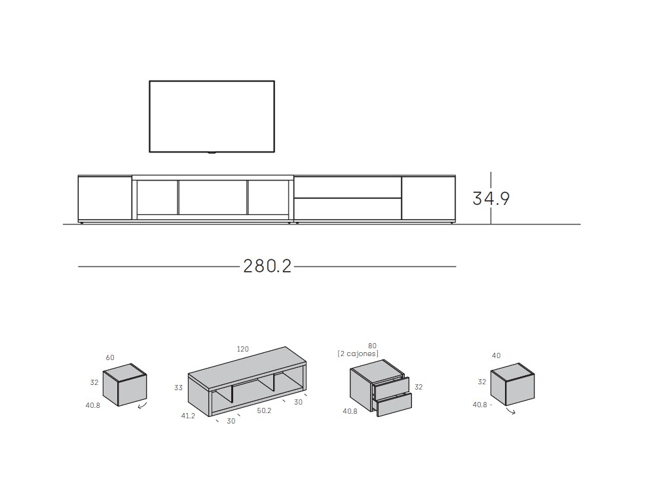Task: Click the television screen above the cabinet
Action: coord(212,117)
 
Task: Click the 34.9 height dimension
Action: coord(491,198)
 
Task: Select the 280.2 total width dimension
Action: coord(267,266)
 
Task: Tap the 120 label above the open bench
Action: coord(242,349)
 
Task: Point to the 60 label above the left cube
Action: coord(110,357)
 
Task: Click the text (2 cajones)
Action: coord(358,354)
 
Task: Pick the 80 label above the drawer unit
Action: coord(372,345)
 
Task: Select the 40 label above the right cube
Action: coord(496,355)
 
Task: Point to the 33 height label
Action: coord(178,388)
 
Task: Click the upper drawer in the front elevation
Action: coord(347,187)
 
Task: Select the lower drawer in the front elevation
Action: coord(347,209)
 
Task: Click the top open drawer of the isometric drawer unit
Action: coord(391,388)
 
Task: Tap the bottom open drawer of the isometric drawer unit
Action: coord(395,405)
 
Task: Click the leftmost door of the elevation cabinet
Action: coord(105,198)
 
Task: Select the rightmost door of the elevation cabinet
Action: coord(428,198)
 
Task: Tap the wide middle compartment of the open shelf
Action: coord(213,196)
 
